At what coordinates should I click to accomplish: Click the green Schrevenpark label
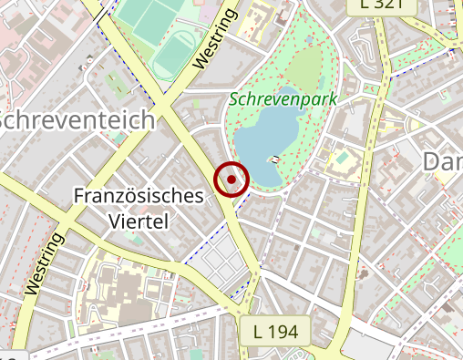point(284,99)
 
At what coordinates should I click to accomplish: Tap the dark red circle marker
point(231,180)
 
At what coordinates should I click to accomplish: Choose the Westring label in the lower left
point(45,263)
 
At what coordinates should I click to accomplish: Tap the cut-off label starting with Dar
point(443,162)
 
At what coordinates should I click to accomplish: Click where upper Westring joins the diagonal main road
point(167,108)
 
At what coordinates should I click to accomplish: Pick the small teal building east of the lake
point(341,161)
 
